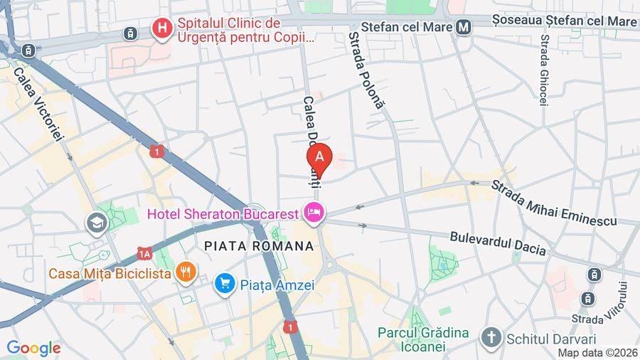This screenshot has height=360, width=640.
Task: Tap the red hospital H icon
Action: click(163, 29)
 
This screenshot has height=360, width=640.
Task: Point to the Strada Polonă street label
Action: click(366, 70)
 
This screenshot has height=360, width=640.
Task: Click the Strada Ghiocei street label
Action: click(544, 70)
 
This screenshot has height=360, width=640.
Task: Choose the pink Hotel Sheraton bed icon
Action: click(314, 211)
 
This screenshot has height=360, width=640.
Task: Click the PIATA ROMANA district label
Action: click(258, 245)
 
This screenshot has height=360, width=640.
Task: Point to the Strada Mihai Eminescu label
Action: click(553, 203)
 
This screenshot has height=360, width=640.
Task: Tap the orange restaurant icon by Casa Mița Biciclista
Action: click(186, 271)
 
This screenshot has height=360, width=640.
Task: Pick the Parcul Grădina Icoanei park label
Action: click(423, 339)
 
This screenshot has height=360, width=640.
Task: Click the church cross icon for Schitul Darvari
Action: click(490, 337)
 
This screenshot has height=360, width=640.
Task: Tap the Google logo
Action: click(33, 349)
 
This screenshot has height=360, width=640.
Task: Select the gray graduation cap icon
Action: click(95, 223)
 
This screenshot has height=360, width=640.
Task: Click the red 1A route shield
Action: click(145, 253)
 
